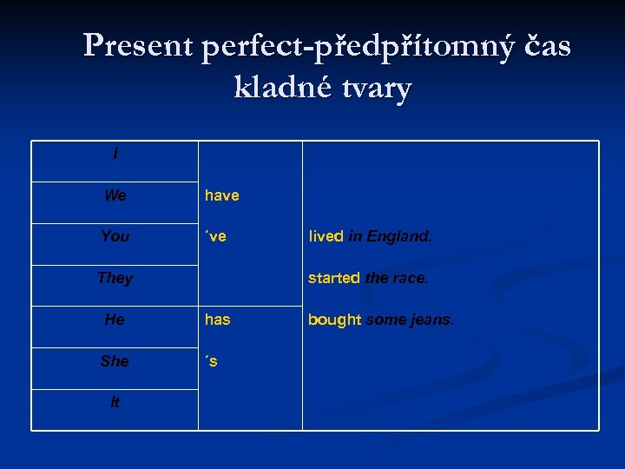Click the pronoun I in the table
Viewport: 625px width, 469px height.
[x=115, y=155]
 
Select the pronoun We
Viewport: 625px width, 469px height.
[x=115, y=195]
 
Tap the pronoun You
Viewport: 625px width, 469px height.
[x=115, y=236]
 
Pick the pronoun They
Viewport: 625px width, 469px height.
[x=115, y=278]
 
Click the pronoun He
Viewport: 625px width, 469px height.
[x=115, y=320]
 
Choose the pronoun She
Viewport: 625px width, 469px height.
[x=115, y=360]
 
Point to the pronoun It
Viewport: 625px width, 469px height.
[x=115, y=402]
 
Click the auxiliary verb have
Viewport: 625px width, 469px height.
[x=221, y=195]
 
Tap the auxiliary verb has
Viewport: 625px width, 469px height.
[x=217, y=320]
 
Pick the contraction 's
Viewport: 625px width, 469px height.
[x=211, y=360]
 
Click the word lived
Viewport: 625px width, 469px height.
[x=326, y=236]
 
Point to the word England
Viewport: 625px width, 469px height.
[x=398, y=236]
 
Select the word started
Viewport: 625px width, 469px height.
[x=333, y=278]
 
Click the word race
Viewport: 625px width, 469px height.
[x=410, y=278]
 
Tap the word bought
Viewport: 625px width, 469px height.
[x=334, y=320]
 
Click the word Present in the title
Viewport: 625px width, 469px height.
[x=139, y=46]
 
